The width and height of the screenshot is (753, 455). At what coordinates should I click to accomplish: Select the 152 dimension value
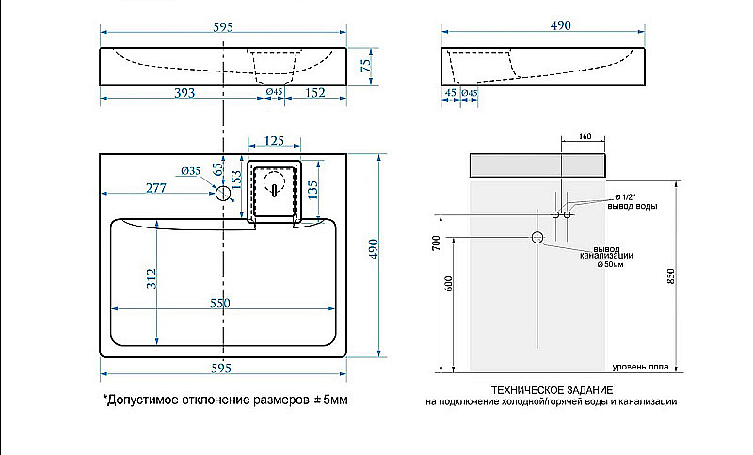pos(315,92)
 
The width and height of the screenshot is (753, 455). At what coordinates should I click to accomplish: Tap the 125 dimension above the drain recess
pos(274,141)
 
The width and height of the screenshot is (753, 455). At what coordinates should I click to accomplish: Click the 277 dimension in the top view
pos(156,188)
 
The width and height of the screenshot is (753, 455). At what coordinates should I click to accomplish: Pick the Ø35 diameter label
pos(190,171)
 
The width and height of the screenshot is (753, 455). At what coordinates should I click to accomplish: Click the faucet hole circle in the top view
pos(224,194)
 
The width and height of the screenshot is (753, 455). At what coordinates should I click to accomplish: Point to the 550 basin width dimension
pos(219,304)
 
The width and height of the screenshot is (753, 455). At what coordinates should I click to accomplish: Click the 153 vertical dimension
pos(237,178)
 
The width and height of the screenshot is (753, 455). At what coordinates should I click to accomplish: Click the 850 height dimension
pos(670,275)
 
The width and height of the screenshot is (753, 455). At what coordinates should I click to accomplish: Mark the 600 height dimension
pos(449,281)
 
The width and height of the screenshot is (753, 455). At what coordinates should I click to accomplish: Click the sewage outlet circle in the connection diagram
pos(537,237)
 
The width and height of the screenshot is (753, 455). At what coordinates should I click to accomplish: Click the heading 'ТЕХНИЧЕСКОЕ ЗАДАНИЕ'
pos(551,389)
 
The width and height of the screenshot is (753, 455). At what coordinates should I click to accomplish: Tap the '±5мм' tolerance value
pos(331,400)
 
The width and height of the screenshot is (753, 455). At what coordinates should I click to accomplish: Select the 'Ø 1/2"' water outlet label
pos(630,196)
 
